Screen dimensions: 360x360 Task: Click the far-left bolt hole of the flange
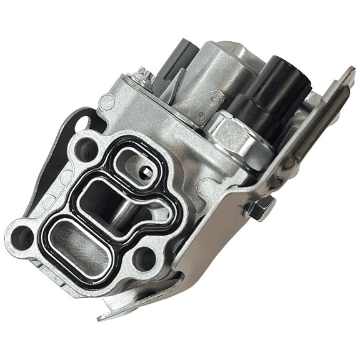(x=22, y=236)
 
